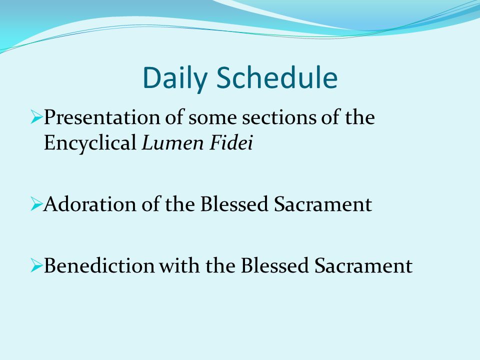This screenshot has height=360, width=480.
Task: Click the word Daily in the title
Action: [x=175, y=78]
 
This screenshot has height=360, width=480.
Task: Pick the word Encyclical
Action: [x=90, y=142]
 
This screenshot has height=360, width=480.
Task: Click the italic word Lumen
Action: [x=172, y=142]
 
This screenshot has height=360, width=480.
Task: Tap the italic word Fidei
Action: [x=231, y=142]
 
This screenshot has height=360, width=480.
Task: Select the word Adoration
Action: [x=89, y=204]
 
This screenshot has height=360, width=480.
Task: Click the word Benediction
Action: [x=99, y=265]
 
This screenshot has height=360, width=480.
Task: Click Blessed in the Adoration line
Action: [x=234, y=204]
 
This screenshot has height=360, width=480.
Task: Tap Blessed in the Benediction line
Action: [x=274, y=265]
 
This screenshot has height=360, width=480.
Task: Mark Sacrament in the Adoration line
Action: [x=323, y=204]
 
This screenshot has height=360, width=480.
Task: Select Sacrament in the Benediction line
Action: [x=363, y=265]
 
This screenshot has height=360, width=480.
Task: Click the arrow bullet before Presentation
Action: [x=36, y=118]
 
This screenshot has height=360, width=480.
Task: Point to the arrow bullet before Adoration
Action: [x=36, y=204]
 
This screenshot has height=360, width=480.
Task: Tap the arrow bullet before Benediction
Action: [x=36, y=265]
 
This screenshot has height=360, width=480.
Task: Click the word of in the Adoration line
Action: [x=150, y=203]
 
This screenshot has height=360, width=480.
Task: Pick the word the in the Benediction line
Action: [x=220, y=265]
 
